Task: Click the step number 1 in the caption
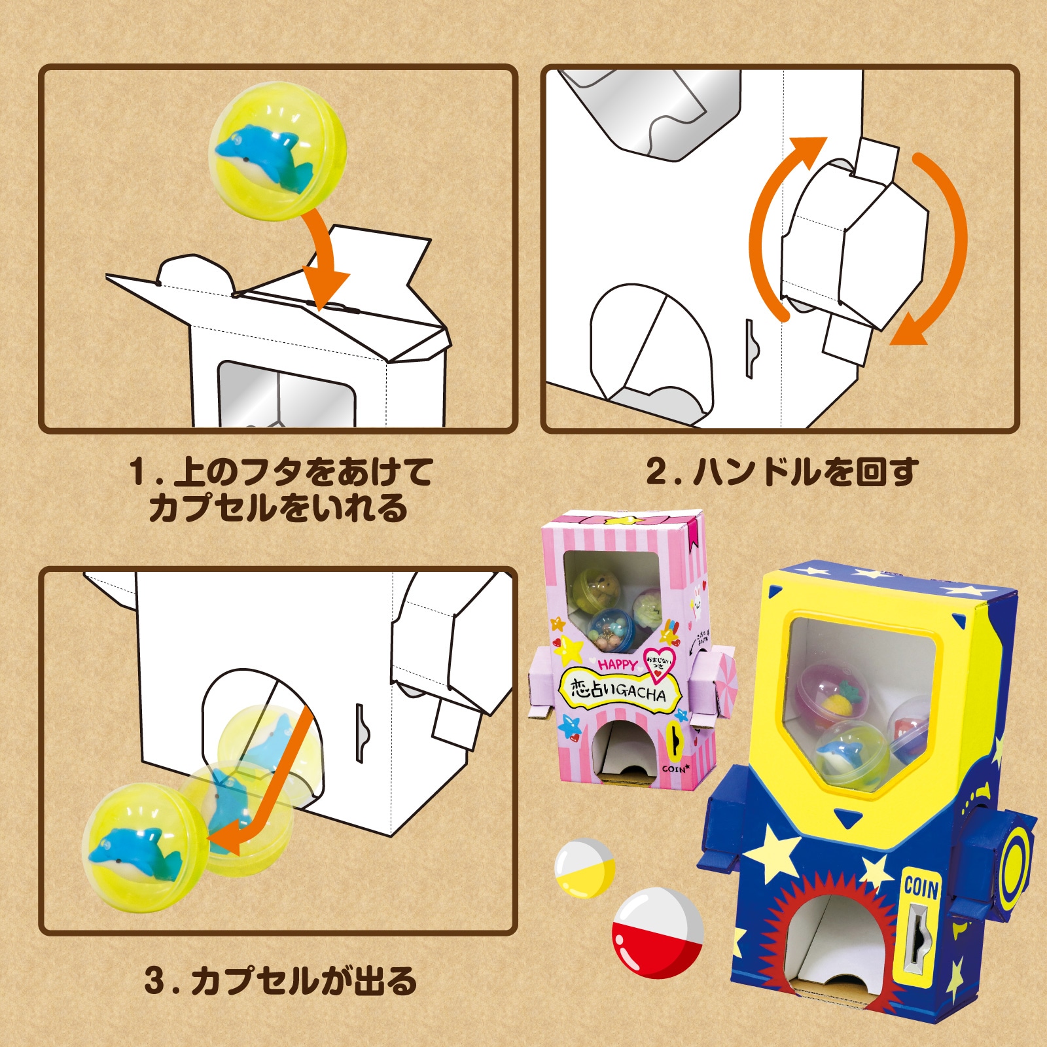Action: coord(138,472)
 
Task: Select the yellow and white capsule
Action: coord(584,868)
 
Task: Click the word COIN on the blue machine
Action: coord(921,888)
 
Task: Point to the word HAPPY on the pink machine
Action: coord(617,665)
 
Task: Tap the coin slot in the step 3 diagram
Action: coord(360,733)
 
